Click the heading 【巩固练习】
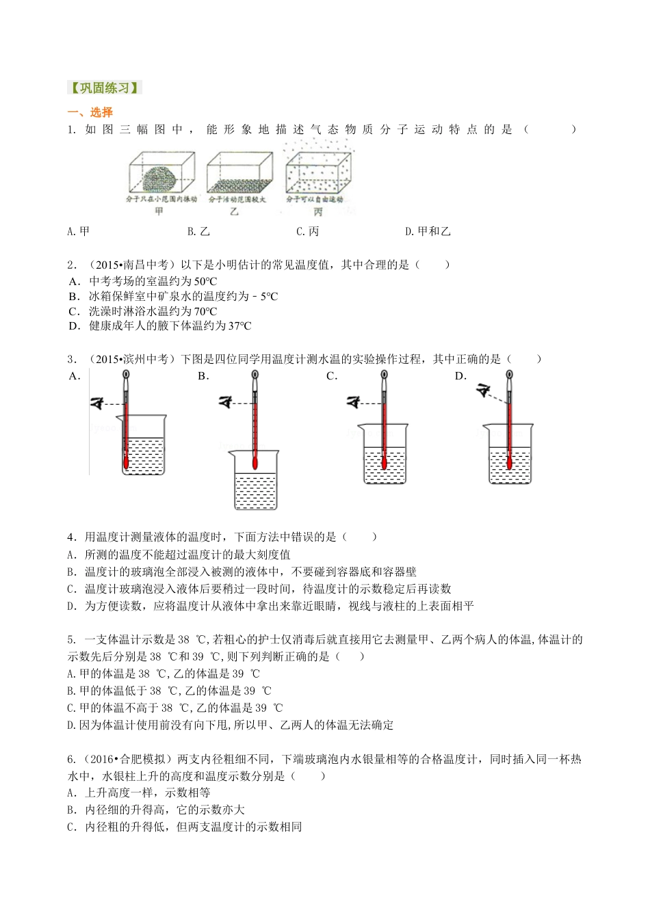(x=104, y=88)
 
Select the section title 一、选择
(x=90, y=112)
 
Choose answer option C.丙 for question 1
(x=307, y=232)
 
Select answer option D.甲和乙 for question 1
(x=428, y=232)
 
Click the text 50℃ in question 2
(x=205, y=281)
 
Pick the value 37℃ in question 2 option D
(x=239, y=326)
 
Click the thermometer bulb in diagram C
(x=384, y=464)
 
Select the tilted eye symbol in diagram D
(x=484, y=391)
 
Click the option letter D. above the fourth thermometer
(x=460, y=376)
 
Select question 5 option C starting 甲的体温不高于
(x=174, y=708)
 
